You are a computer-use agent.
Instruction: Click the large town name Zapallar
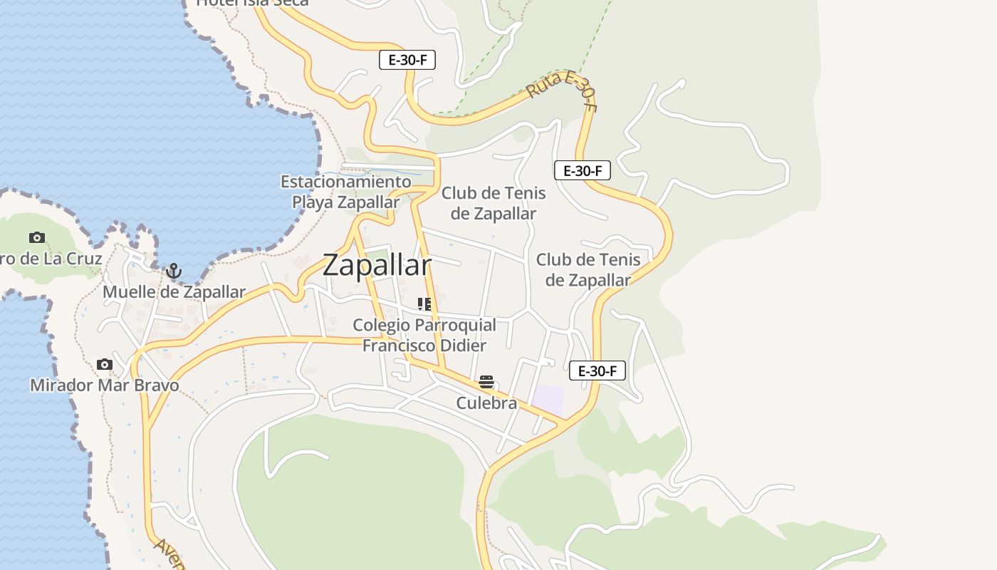click(x=377, y=265)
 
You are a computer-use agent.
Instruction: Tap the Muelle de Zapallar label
click(x=174, y=292)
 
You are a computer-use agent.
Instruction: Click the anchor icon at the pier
click(x=173, y=271)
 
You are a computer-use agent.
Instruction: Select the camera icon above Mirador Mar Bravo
click(x=105, y=364)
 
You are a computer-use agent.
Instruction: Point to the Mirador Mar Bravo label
click(x=104, y=385)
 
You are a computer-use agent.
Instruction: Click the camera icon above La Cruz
click(x=37, y=237)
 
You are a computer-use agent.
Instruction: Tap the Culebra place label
click(x=486, y=403)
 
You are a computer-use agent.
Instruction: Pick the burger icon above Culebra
click(x=486, y=382)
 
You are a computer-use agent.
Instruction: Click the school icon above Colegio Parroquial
click(x=424, y=304)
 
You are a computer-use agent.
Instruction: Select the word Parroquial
click(x=455, y=326)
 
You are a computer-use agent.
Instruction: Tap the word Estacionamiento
click(x=346, y=182)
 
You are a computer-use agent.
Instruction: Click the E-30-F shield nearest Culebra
click(x=597, y=370)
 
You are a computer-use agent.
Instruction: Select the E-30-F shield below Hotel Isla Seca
click(x=407, y=60)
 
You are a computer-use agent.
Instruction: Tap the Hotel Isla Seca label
click(x=252, y=2)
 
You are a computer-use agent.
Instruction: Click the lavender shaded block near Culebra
click(x=548, y=400)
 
